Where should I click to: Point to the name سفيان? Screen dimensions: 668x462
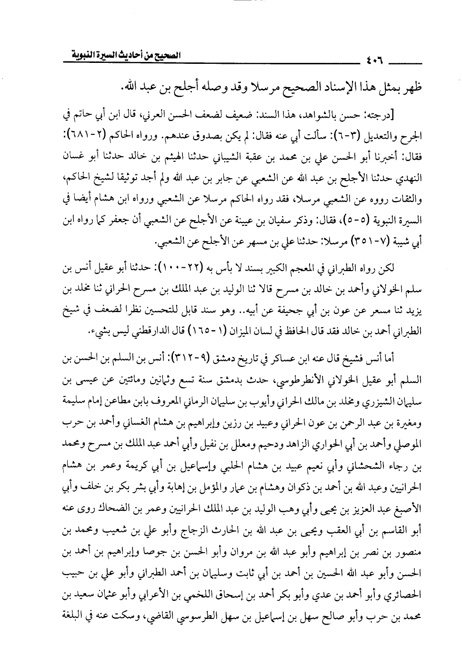pyautogui.click(x=260, y=221)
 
